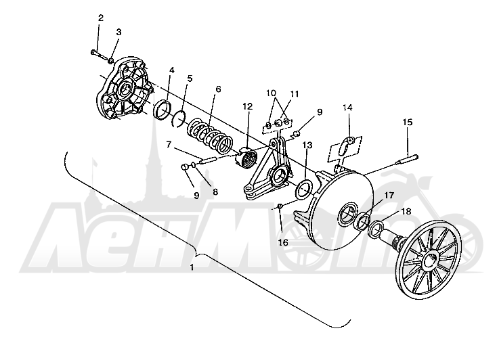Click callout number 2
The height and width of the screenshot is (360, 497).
pos(100,18)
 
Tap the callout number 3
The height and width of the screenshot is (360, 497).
pos(118,32)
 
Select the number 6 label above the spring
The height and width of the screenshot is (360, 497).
pos(218,89)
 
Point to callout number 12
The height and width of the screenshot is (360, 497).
pos(248,106)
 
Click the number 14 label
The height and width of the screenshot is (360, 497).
pos(347,108)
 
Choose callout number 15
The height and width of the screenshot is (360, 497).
pos(408,122)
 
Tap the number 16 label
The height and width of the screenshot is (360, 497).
pos(283,242)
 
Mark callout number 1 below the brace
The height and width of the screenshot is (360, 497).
pos(192,267)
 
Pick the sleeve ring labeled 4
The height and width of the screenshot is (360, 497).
pos(163,110)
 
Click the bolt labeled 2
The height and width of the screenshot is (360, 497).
pos(100,55)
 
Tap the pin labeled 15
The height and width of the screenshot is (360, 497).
pos(407,159)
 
